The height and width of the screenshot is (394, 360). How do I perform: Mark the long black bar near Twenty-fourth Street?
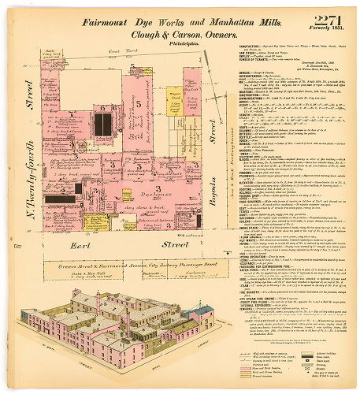pyautogui.click(x=58, y=200)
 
